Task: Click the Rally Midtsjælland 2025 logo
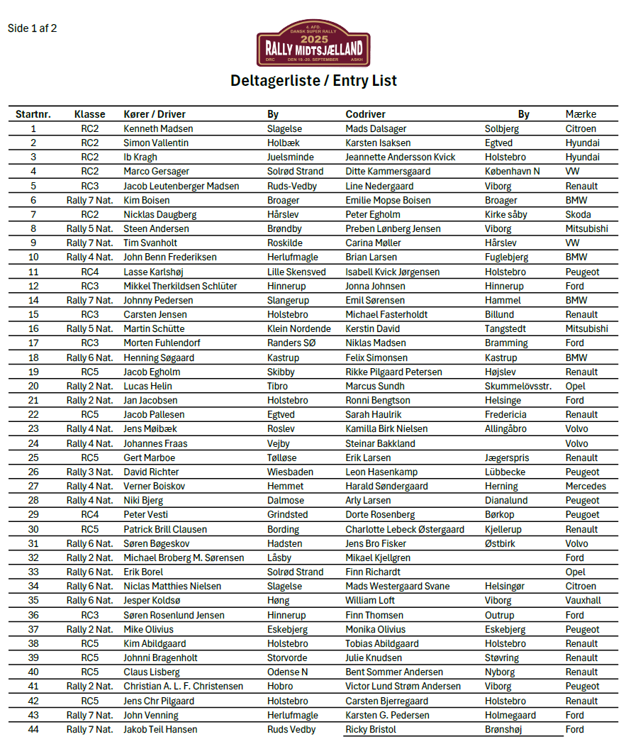click(x=313, y=44)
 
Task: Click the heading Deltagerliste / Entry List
click(x=313, y=81)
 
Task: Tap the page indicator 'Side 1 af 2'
click(x=32, y=28)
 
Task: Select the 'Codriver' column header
click(x=366, y=114)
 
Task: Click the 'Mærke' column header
click(x=581, y=114)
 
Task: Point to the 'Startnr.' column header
click(x=33, y=114)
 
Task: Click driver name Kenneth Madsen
click(x=158, y=129)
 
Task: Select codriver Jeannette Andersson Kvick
click(x=401, y=157)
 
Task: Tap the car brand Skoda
click(x=578, y=214)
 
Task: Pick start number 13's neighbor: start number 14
click(x=33, y=300)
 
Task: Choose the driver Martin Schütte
click(x=154, y=329)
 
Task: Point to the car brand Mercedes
click(x=586, y=486)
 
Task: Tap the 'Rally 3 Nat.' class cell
click(x=90, y=472)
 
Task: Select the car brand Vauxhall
click(x=583, y=600)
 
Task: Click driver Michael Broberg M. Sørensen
click(x=184, y=557)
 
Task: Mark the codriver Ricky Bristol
click(x=371, y=729)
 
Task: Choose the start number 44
click(x=33, y=729)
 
